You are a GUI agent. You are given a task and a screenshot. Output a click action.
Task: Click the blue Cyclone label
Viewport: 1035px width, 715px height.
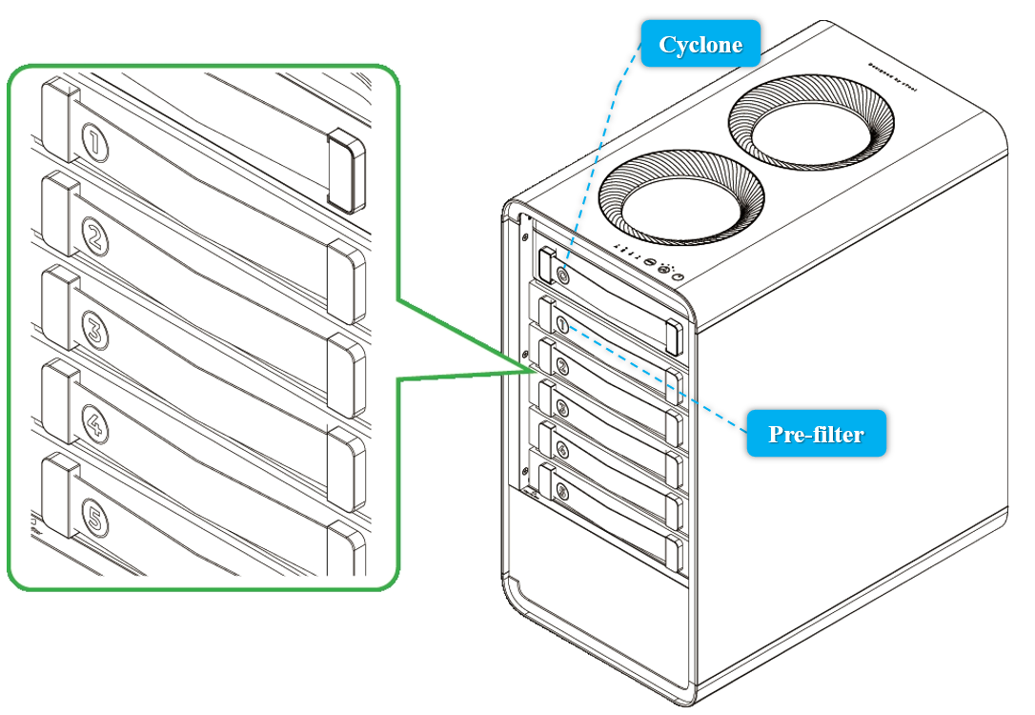701,44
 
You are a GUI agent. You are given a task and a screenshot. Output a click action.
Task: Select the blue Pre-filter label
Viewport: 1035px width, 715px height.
816,434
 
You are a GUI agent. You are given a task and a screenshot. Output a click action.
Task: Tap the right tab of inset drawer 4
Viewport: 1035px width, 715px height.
347,466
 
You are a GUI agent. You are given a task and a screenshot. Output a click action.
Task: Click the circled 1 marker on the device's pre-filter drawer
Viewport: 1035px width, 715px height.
562,325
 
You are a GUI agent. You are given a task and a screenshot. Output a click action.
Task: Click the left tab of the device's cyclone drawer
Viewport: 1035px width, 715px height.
546,264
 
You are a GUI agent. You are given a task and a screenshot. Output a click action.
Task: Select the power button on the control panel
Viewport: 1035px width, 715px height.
678,276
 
